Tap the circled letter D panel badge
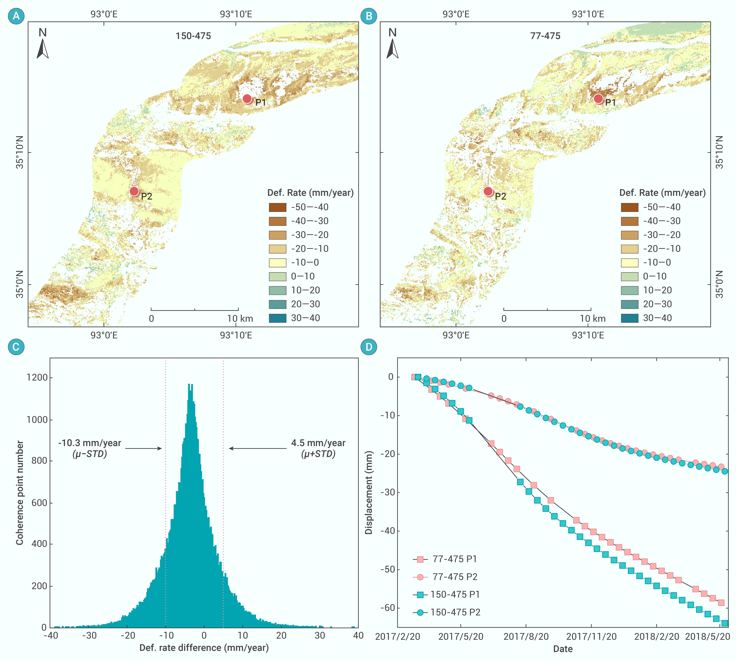tap(369, 347)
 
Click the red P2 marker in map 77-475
tap(488, 191)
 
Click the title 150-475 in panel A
tap(193, 36)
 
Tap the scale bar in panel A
tap(195, 310)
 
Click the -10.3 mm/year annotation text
tap(90, 443)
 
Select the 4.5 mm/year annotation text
tap(318, 443)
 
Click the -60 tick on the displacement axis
tap(387, 608)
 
